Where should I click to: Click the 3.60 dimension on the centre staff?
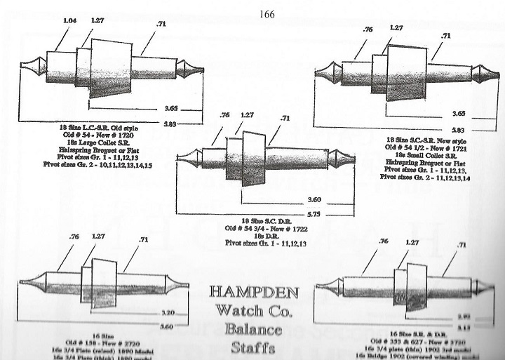tap(285, 199)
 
